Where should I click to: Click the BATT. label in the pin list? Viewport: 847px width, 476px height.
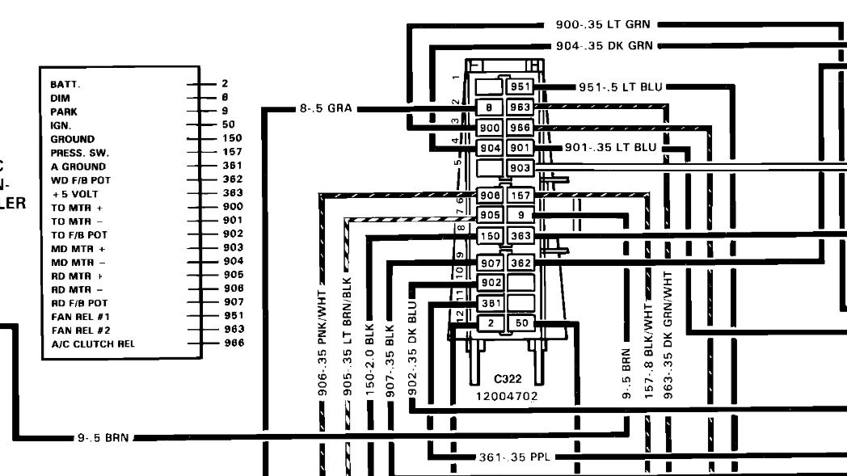[x=66, y=84]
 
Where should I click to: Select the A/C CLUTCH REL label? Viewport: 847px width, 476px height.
[x=93, y=344]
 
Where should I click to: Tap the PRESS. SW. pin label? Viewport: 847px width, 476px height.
[x=79, y=153]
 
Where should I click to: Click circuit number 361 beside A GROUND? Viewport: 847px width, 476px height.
[x=232, y=166]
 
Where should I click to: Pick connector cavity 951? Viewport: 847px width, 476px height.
[x=520, y=87]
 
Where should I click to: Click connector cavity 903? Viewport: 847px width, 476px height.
[x=520, y=167]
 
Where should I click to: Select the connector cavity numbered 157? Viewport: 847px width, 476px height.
[x=520, y=196]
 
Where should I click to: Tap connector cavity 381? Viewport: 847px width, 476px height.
[x=491, y=303]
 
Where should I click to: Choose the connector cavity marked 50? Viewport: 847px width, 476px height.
[x=521, y=323]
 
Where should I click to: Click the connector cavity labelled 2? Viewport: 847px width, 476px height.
[x=491, y=323]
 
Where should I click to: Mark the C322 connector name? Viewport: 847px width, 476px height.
[x=508, y=378]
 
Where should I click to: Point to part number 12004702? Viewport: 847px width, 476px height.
[x=507, y=396]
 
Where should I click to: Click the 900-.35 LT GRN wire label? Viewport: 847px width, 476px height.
[x=602, y=25]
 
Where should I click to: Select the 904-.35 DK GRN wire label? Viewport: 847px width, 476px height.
[x=604, y=46]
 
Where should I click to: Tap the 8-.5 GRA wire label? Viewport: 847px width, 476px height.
[x=325, y=108]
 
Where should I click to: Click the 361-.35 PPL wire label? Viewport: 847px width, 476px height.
[x=514, y=457]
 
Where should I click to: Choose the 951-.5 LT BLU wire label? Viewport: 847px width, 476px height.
[x=621, y=87]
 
